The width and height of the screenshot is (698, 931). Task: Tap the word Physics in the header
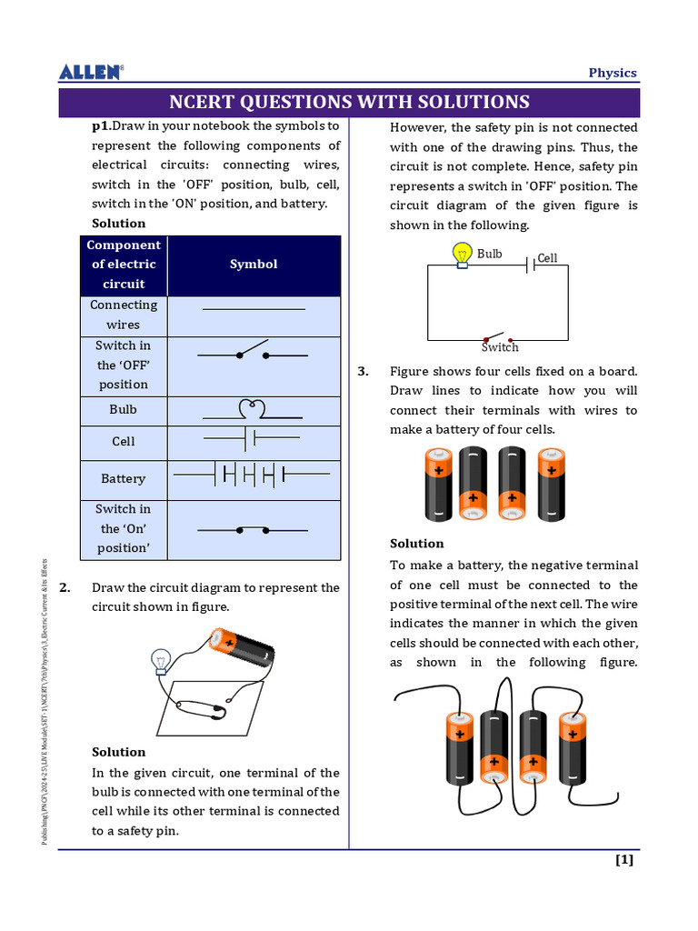coord(613,73)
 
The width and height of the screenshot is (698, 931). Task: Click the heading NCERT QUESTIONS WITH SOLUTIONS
coord(350,102)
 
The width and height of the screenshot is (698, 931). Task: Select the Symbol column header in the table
coord(254,265)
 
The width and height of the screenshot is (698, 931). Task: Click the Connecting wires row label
coord(124,315)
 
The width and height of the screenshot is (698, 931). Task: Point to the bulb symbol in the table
coord(254,408)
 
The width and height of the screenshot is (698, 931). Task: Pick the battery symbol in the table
coord(253,474)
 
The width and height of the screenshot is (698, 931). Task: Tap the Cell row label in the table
coord(124,441)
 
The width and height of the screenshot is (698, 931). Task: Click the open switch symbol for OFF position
coord(253,354)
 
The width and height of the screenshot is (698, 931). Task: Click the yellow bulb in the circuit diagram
coord(463,254)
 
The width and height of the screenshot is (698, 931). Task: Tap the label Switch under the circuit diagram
coord(500,347)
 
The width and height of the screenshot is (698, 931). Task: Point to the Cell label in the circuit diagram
coord(547,258)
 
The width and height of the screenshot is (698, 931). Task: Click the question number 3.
coord(363,371)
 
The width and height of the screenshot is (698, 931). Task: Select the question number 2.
coord(65,587)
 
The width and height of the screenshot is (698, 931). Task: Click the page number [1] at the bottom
coord(624,860)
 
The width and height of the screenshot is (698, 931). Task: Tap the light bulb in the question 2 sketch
coord(162,661)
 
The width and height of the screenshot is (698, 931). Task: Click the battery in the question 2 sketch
coord(241,648)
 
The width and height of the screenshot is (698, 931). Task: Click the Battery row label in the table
coord(124,478)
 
